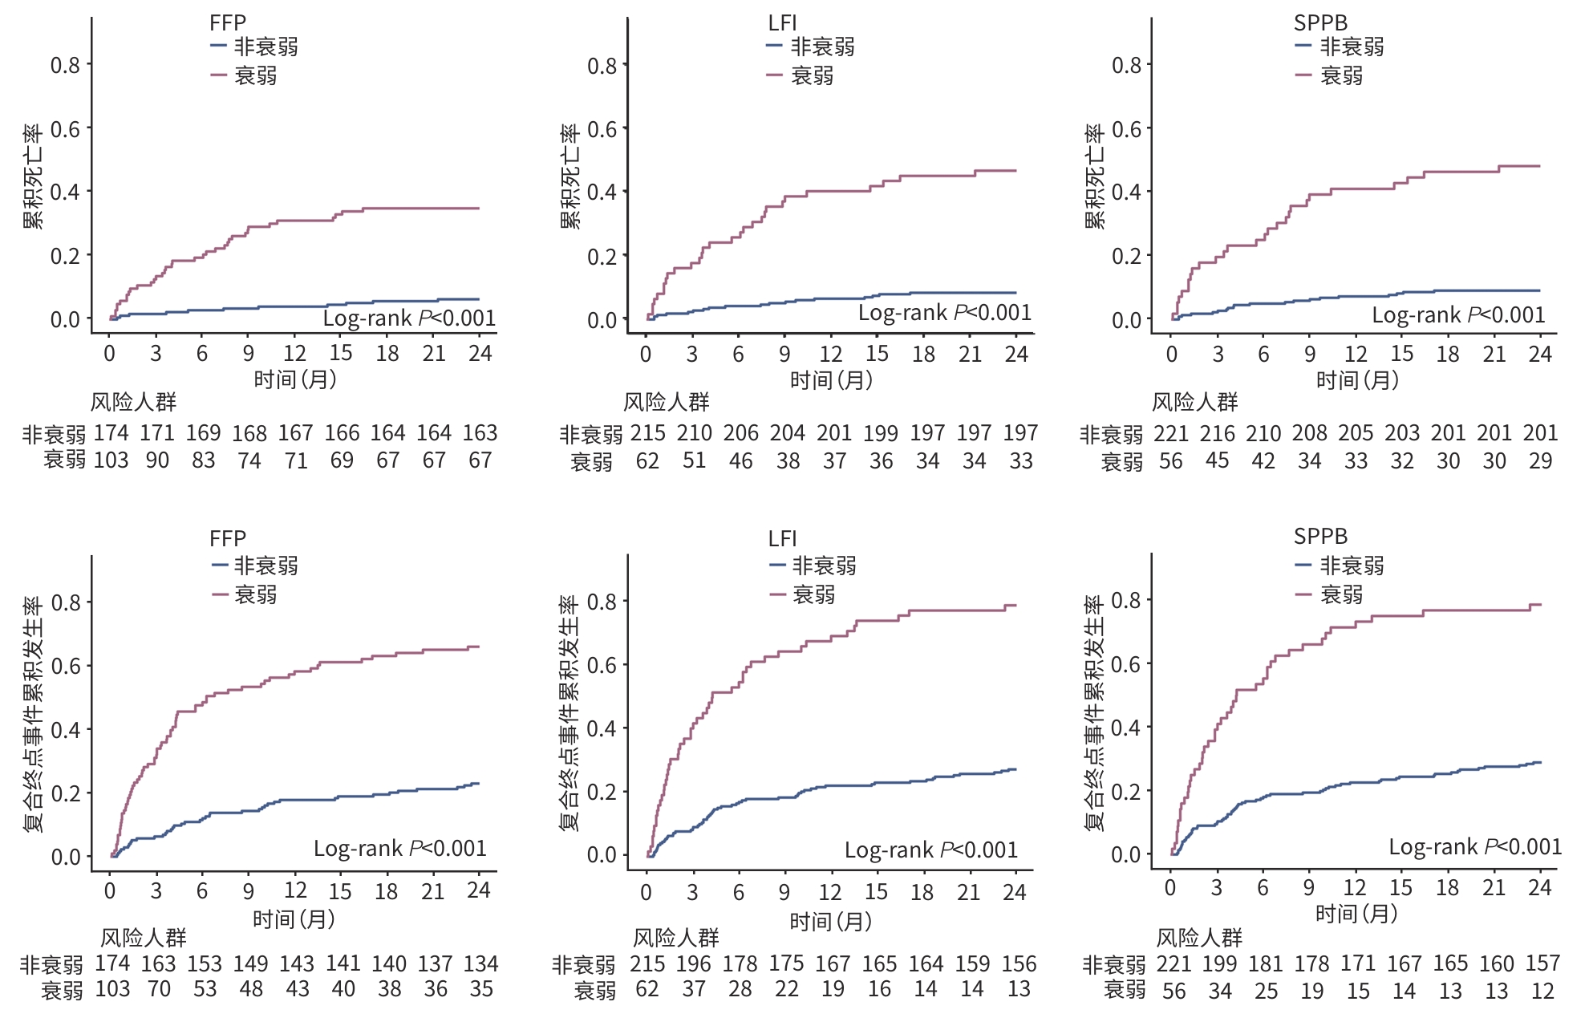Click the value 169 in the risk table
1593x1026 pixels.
pos(203,433)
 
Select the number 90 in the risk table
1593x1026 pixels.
pos(157,460)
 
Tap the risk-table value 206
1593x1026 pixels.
pos(740,433)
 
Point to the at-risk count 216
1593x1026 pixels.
pos(1217,433)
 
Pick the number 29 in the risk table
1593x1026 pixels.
pos(1540,461)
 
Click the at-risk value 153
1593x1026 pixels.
pos(205,963)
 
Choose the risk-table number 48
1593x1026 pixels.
pos(251,989)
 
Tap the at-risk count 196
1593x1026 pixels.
pos(693,963)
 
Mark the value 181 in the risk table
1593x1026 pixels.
pos(1265,963)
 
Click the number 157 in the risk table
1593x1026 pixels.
pos(1542,963)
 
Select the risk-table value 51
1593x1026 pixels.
pos(694,461)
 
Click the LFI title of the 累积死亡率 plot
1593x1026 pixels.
pos(782,23)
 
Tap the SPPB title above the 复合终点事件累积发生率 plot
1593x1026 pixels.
pos(1320,537)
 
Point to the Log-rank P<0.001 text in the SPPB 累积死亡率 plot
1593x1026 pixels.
pos(1458,315)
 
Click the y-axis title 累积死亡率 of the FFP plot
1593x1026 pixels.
pos(33,176)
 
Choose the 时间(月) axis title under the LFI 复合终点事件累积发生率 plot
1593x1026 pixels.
pos(831,921)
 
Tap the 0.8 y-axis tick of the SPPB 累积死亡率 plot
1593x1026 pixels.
pos(1126,65)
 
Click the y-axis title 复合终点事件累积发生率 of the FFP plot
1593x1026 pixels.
pos(33,714)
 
